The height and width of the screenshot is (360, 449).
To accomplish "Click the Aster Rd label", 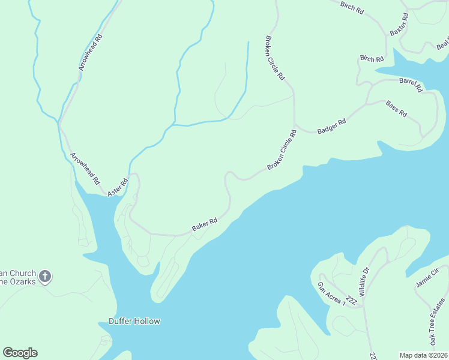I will (118, 187).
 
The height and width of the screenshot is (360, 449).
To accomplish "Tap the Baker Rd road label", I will (204, 224).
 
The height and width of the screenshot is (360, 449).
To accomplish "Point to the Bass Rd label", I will (397, 109).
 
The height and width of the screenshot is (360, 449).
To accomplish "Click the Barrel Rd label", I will (411, 84).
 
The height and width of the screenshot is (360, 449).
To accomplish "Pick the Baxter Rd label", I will (399, 24).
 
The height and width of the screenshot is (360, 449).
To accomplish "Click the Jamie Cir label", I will (428, 277).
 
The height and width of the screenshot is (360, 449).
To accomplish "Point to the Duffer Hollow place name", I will (134, 321).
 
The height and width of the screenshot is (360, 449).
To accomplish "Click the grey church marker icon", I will (44, 277).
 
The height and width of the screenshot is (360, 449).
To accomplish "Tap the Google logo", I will (20, 353).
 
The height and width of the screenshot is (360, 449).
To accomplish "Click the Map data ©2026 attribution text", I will (423, 355).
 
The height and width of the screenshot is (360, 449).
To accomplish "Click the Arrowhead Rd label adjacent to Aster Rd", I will (85, 167).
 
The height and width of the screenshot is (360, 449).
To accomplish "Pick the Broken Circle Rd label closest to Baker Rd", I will (282, 149).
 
